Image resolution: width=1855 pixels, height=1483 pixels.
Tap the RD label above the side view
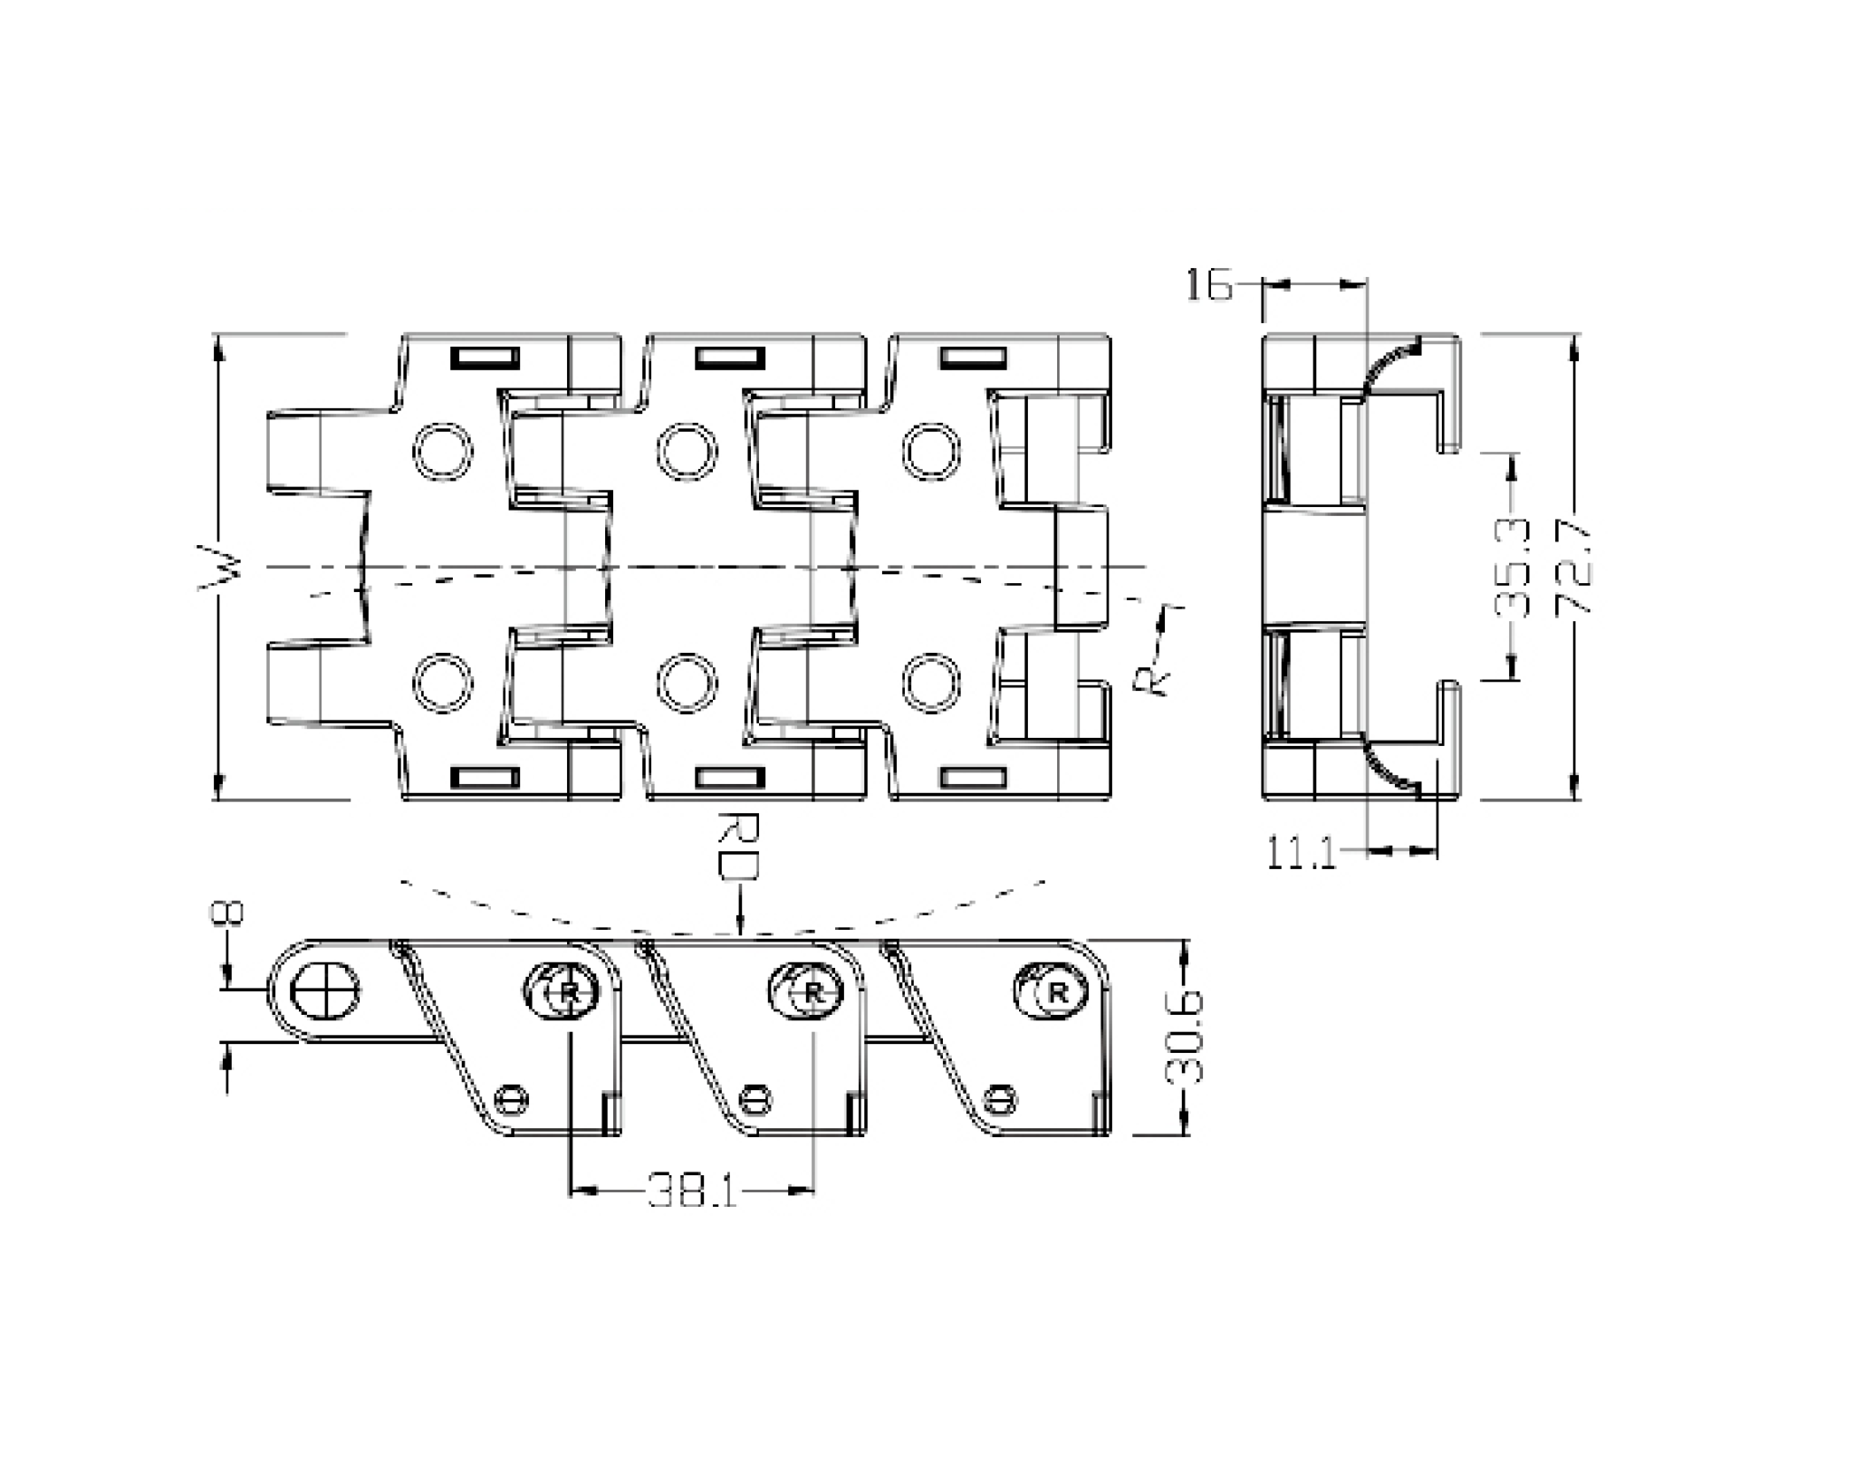pos(739,846)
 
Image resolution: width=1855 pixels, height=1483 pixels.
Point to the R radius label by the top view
pos(1151,679)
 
